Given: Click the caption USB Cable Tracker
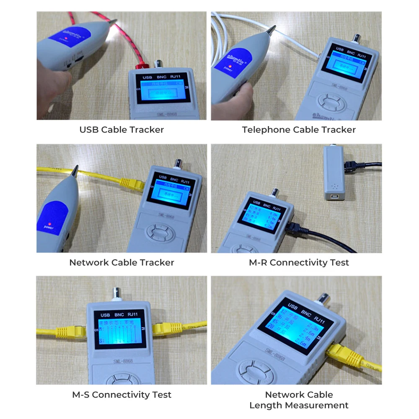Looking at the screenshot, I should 122,130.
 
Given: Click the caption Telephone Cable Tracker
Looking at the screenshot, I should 299,130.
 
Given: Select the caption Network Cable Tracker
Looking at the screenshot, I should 122,263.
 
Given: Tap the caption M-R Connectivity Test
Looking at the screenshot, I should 299,263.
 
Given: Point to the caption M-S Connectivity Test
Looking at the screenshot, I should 122,395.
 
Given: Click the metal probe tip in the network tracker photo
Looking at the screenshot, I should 75,171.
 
